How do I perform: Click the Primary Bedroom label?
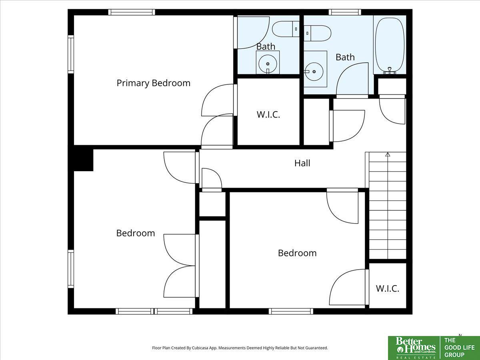pos(153,83)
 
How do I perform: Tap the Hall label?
pos(302,163)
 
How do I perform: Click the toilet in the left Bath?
pos(286,29)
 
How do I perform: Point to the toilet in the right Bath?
pos(317,33)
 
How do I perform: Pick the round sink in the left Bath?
pos(268,64)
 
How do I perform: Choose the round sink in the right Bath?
pos(314,72)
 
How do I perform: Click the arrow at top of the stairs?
pos(388,154)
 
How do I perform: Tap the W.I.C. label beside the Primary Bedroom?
pos(268,114)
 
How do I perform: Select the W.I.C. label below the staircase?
pos(388,288)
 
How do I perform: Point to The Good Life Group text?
pos(459,348)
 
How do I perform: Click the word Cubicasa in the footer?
pos(200,348)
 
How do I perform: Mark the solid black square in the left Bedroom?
pos(84,160)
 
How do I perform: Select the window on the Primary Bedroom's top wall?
pos(132,12)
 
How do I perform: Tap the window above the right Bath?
pos(345,12)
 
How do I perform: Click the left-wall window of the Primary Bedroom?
pos(71,54)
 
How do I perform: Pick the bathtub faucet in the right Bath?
pos(390,71)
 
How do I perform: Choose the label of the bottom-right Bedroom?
pos(297,253)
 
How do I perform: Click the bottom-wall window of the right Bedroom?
pos(291,311)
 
